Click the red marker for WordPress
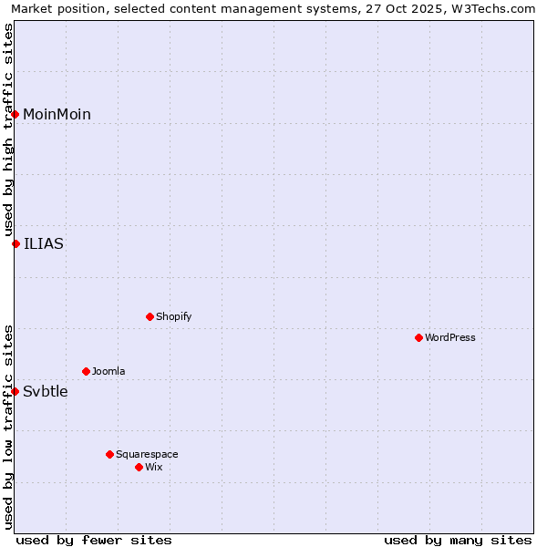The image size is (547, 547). click(418, 337)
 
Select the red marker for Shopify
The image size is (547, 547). click(150, 316)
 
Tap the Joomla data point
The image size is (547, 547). click(86, 371)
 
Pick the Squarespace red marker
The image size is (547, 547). click(109, 454)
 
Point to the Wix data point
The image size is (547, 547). click(139, 467)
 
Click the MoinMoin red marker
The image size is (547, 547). click(15, 114)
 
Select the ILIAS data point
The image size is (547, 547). click(15, 243)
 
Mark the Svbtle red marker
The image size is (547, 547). click(15, 391)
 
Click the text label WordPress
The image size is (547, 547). click(450, 337)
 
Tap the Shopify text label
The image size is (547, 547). click(174, 316)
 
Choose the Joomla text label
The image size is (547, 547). click(108, 371)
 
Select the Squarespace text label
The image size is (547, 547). click(147, 454)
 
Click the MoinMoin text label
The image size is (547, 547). click(57, 114)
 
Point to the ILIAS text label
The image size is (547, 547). click(44, 243)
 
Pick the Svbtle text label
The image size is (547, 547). click(46, 391)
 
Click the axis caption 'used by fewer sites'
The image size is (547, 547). click(94, 540)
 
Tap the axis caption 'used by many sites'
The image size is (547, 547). click(458, 540)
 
